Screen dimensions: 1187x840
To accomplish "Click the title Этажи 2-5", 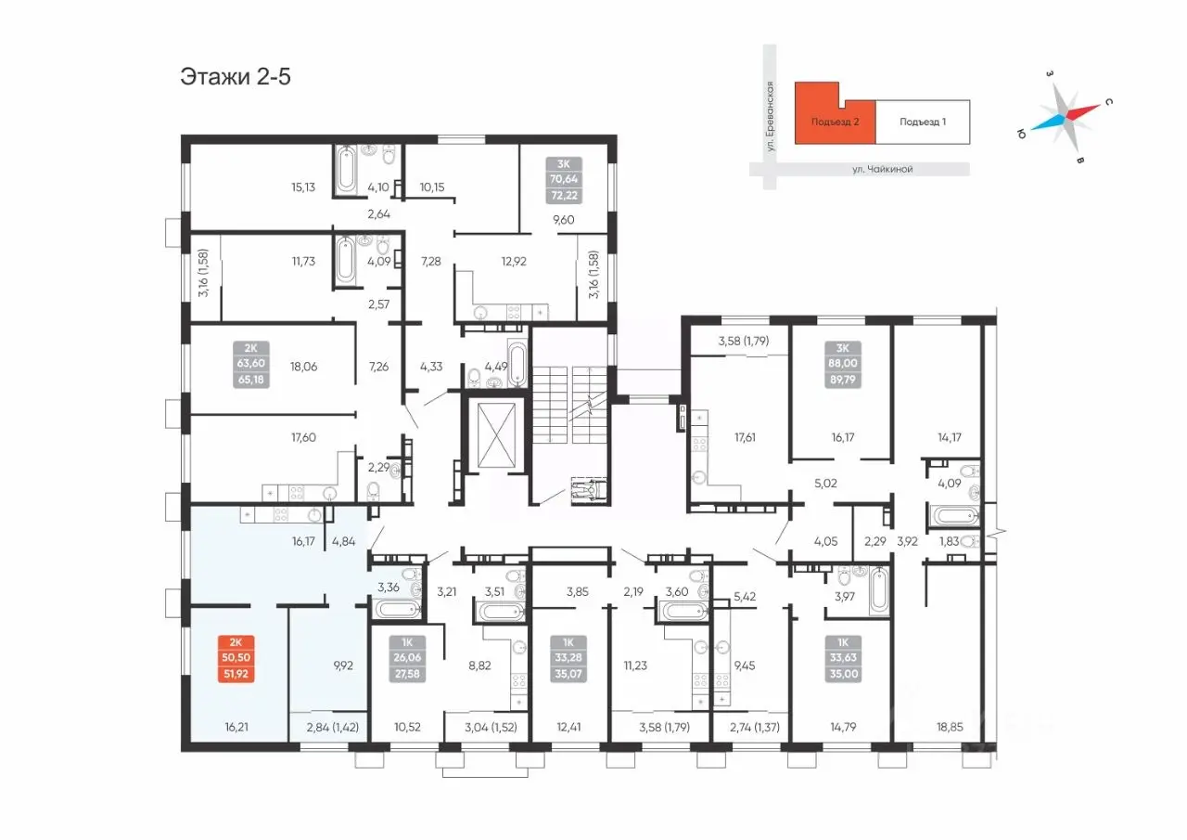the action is click(236, 77).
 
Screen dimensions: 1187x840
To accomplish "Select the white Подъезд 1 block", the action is click(923, 122).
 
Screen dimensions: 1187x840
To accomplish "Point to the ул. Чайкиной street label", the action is click(882, 169).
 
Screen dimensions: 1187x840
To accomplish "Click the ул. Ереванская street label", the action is click(770, 116).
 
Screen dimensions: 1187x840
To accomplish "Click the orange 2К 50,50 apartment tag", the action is click(236, 659).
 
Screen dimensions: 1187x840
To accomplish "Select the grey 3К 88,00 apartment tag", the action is click(843, 365).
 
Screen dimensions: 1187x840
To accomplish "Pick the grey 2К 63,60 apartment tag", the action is click(251, 365).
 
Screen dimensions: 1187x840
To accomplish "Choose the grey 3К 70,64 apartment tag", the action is click(563, 180).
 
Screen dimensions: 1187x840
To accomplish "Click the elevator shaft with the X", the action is click(496, 434).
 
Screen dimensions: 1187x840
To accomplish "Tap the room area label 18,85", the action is click(949, 727).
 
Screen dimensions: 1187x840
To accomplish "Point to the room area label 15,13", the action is click(303, 187).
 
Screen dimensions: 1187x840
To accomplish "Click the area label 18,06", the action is click(303, 367).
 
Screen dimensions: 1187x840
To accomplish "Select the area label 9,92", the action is click(343, 666).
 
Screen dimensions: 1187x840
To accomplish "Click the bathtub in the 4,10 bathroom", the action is click(346, 169).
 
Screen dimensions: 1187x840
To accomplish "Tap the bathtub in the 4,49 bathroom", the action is click(517, 364).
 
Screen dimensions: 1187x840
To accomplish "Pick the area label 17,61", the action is click(745, 437).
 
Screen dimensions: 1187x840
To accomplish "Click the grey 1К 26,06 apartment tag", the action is click(407, 659).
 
